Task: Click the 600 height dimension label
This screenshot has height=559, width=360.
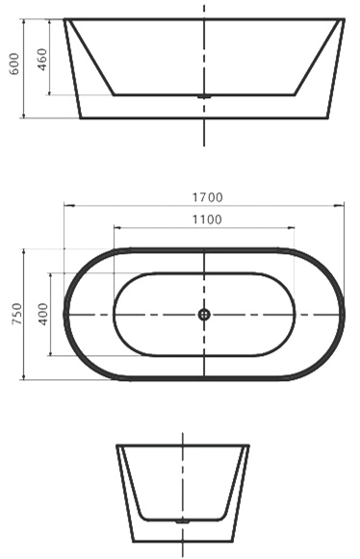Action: click(13, 64)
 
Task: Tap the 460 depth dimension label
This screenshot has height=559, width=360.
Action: click(41, 60)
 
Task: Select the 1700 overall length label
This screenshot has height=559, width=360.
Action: click(208, 197)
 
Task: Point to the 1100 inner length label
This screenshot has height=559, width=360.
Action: click(207, 219)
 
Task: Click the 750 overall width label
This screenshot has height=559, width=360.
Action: click(17, 314)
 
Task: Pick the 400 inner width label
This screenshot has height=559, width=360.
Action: click(42, 314)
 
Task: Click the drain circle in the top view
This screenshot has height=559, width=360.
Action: click(204, 315)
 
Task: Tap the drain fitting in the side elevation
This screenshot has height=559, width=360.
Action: click(204, 96)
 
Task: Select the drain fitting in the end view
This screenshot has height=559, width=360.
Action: click(183, 521)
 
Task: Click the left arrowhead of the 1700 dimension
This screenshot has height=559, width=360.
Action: click(69, 205)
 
